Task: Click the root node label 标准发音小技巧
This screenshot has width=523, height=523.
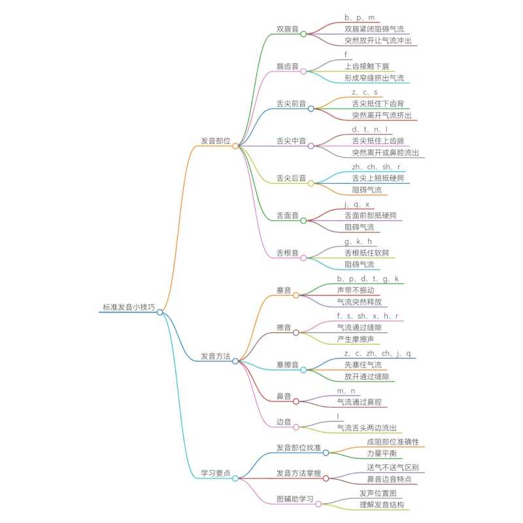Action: coord(129,307)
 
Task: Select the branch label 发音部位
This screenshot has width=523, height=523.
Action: coord(215,141)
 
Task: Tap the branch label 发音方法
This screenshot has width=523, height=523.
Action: coord(215,356)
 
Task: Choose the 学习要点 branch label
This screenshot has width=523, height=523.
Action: coord(215,473)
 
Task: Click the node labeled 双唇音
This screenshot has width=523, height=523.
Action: coord(288,29)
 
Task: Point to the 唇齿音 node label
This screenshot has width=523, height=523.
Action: coord(288,67)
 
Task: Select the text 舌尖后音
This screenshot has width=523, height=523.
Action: coord(291,178)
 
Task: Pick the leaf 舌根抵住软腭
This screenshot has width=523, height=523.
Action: coord(370,252)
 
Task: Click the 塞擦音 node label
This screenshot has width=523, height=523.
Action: coord(288,365)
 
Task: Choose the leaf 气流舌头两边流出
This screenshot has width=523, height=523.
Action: coord(367,428)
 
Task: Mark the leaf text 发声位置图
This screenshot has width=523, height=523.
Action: coord(378,492)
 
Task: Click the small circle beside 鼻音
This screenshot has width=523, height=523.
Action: coord(296,401)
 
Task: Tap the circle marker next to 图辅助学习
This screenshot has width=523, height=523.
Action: coord(318,503)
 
